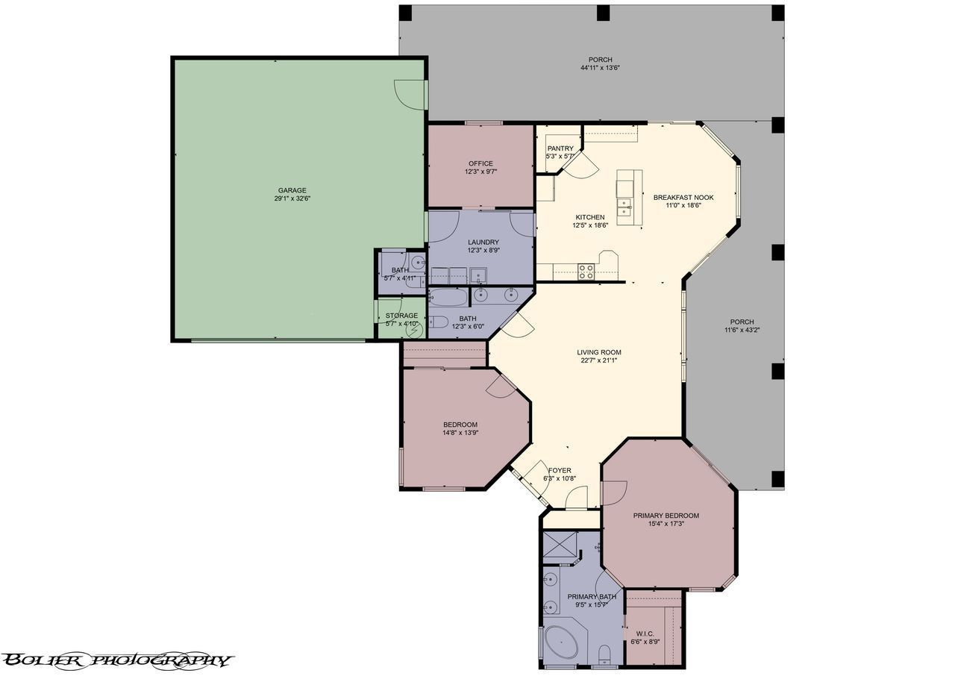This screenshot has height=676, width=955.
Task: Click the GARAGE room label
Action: click(292, 190)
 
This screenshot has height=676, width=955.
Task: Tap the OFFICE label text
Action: click(480, 163)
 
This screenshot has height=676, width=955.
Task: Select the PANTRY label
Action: click(560, 148)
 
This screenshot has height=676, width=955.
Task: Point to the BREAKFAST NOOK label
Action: click(683, 198)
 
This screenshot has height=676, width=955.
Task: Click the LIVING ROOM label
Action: click(598, 352)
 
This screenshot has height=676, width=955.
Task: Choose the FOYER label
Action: click(560, 471)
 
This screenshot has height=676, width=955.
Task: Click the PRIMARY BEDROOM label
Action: click(666, 516)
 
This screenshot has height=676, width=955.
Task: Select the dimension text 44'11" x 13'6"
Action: click(600, 68)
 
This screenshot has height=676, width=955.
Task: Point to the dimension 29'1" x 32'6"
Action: click(292, 199)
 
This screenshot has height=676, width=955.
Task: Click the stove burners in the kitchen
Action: click(586, 271)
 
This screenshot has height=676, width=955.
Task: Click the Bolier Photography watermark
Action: click(117, 660)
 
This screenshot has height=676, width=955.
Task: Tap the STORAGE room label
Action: click(401, 316)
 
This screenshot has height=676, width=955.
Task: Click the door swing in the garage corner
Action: click(408, 93)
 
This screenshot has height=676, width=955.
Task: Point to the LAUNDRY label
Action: click(483, 242)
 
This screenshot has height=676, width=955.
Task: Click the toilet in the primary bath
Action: click(604, 655)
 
